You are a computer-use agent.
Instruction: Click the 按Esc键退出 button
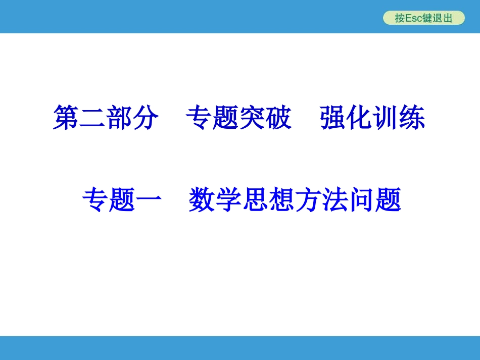pos(423,18)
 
